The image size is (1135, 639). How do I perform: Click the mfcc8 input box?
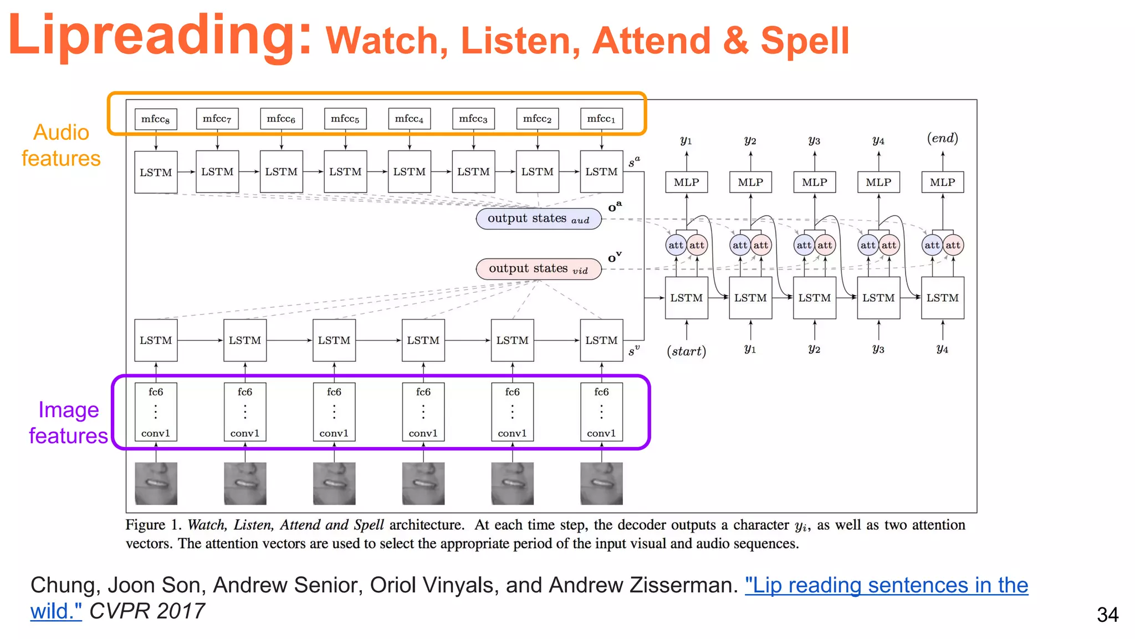pyautogui.click(x=156, y=119)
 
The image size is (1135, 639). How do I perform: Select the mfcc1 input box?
pyautogui.click(x=601, y=119)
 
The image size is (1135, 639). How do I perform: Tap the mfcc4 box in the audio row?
pyautogui.click(x=409, y=119)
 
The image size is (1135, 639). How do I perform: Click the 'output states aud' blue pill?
pyautogui.click(x=538, y=219)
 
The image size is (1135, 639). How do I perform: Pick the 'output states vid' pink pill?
pyautogui.click(x=538, y=269)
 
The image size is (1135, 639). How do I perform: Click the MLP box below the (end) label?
pyautogui.click(x=942, y=182)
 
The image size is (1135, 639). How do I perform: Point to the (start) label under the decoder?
pyautogui.click(x=686, y=351)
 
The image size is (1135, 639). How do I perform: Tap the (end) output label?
pyautogui.click(x=942, y=138)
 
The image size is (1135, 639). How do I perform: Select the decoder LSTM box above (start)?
pyautogui.click(x=686, y=298)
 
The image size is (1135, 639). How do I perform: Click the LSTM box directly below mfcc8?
pyautogui.click(x=156, y=172)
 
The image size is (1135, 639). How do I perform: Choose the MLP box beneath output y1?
pyautogui.click(x=686, y=182)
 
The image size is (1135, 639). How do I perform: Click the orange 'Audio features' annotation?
pyautogui.click(x=61, y=145)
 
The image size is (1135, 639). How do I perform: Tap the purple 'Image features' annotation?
pyautogui.click(x=68, y=423)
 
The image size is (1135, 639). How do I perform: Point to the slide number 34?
pyautogui.click(x=1107, y=615)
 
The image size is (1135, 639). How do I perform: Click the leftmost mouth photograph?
pyautogui.click(x=156, y=484)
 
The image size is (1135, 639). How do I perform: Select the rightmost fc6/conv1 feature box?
pyautogui.click(x=601, y=412)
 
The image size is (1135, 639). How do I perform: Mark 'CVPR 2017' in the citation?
pyautogui.click(x=147, y=611)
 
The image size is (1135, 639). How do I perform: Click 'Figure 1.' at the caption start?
pyautogui.click(x=153, y=525)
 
